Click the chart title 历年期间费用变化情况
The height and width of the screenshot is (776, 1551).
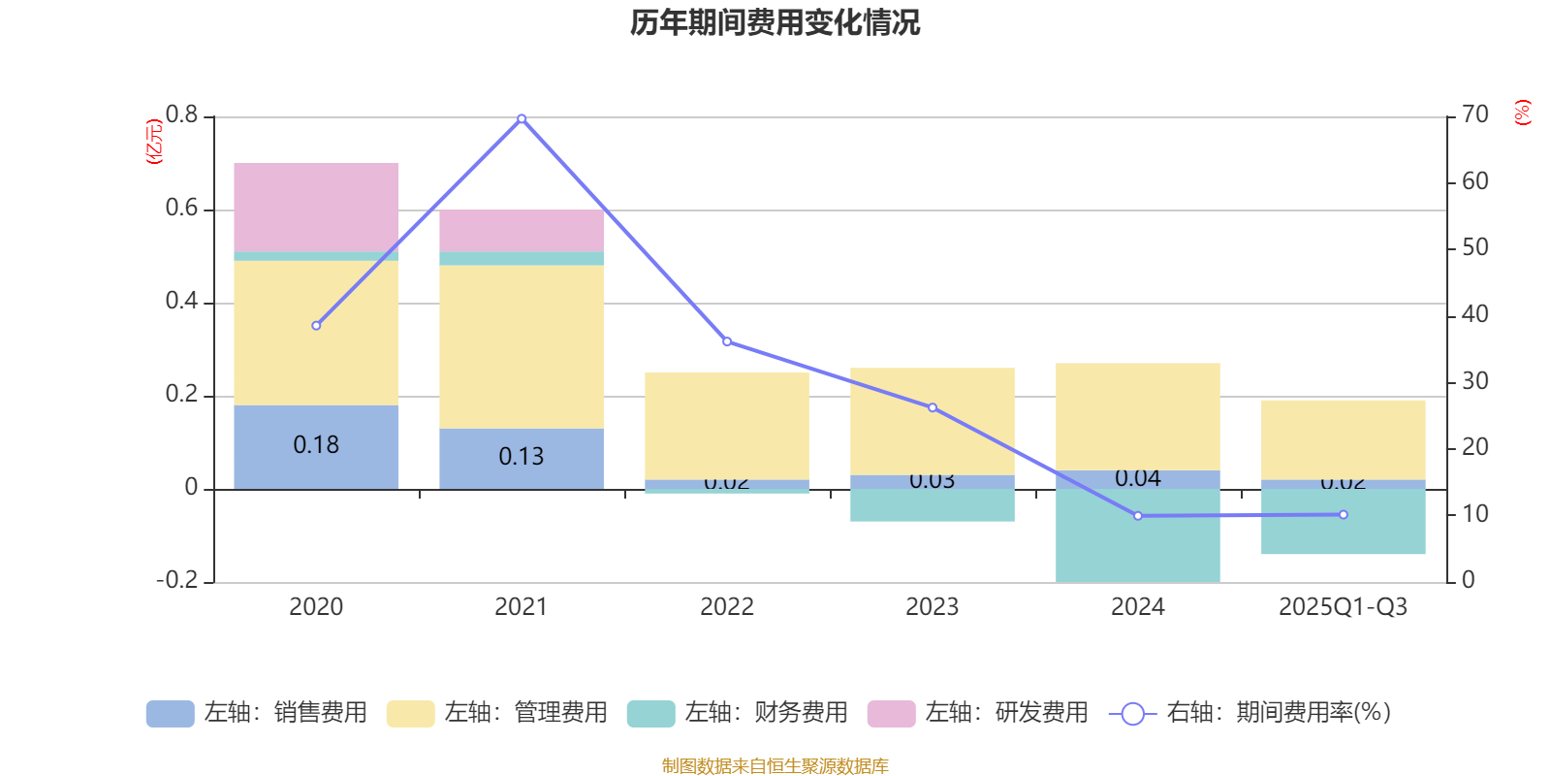tap(775, 22)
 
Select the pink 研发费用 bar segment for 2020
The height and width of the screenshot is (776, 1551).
tap(316, 207)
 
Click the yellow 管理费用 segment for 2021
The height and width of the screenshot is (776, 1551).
tap(522, 346)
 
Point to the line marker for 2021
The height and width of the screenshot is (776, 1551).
tap(522, 118)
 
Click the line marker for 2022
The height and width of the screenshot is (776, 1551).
tap(727, 341)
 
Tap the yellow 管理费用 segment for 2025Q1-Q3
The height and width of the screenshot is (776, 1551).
tap(1344, 439)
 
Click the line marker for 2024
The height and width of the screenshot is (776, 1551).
tap(1138, 516)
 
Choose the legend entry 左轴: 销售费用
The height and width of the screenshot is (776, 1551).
tap(257, 713)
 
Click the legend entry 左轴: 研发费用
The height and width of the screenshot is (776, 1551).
tap(978, 713)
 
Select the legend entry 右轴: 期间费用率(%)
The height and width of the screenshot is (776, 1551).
tap(1250, 713)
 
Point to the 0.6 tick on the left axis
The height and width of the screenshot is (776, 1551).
tap(181, 209)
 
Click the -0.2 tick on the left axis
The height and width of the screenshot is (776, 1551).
tap(177, 580)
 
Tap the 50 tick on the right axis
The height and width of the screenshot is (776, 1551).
tap(1475, 247)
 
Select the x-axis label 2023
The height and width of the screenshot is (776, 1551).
tap(933, 607)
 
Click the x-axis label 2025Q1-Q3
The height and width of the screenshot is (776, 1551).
tap(1344, 607)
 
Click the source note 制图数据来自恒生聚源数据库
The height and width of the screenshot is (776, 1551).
tap(775, 766)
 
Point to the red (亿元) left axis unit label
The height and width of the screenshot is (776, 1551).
tap(153, 142)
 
